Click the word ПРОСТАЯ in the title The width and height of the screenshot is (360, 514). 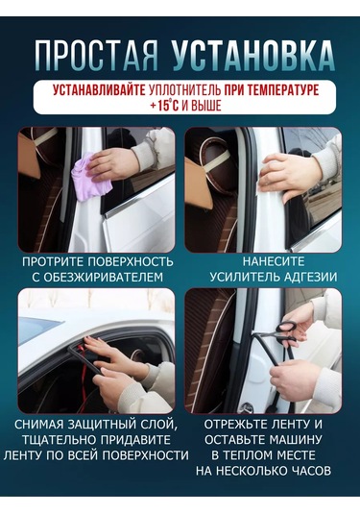coord(96,55)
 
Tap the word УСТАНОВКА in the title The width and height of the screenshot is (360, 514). coord(252,55)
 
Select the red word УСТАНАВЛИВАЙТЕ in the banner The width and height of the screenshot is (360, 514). coord(99,90)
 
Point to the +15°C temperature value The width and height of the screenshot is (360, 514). coord(164,106)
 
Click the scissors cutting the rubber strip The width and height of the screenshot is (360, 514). coord(280,332)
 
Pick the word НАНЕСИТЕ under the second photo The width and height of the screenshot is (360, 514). coord(274,261)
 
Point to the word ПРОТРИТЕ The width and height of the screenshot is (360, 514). coord(54,262)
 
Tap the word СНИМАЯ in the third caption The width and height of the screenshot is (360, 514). coord(38,425)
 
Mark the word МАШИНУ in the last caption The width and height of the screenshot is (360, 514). coord(294,440)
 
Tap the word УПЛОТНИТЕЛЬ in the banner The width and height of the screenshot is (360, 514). coord(184,90)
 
